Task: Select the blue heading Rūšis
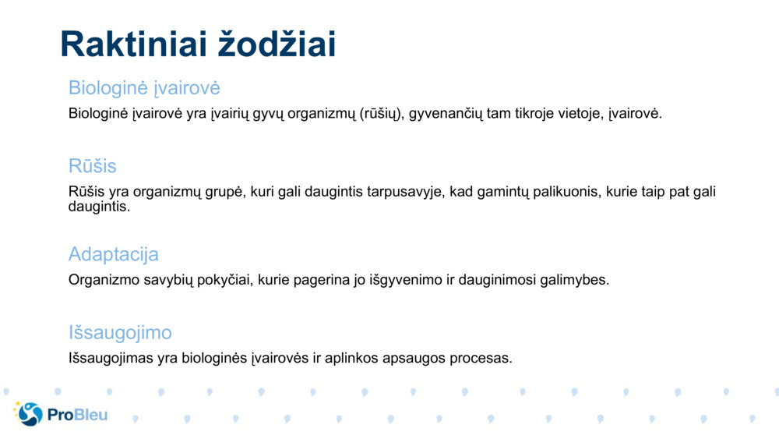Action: click(92, 166)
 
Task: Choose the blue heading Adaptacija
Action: click(113, 254)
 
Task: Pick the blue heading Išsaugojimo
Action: click(120, 333)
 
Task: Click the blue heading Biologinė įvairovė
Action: click(144, 87)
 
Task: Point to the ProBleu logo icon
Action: click(28, 414)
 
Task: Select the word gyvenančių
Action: click(446, 114)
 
